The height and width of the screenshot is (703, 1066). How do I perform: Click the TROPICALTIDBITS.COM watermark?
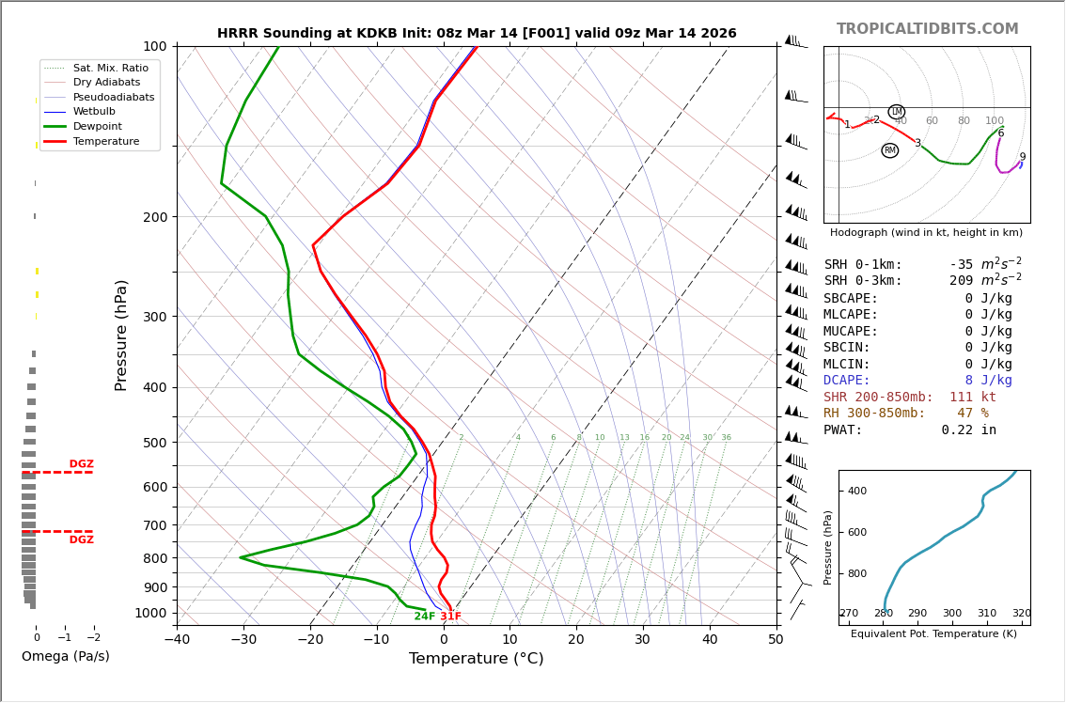(927, 29)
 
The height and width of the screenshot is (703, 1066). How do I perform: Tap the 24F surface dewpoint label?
(425, 617)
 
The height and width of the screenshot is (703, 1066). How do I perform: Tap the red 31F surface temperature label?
(451, 617)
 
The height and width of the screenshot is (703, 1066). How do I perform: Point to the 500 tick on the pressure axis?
(154, 443)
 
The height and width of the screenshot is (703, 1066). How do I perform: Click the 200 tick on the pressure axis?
(154, 217)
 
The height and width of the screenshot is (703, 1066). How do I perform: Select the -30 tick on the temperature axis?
(243, 639)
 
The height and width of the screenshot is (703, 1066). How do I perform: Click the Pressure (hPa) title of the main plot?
(121, 335)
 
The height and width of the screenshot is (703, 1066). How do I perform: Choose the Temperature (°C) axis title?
(476, 659)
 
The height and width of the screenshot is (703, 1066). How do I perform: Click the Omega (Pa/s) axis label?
(65, 656)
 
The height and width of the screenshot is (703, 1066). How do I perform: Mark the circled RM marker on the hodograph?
(889, 150)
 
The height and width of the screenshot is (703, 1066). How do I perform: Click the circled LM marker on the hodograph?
(896, 112)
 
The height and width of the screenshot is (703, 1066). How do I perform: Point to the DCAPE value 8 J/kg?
(988, 381)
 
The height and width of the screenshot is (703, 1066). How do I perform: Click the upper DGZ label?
(81, 464)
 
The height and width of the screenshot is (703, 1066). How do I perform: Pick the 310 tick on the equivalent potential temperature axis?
(987, 614)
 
